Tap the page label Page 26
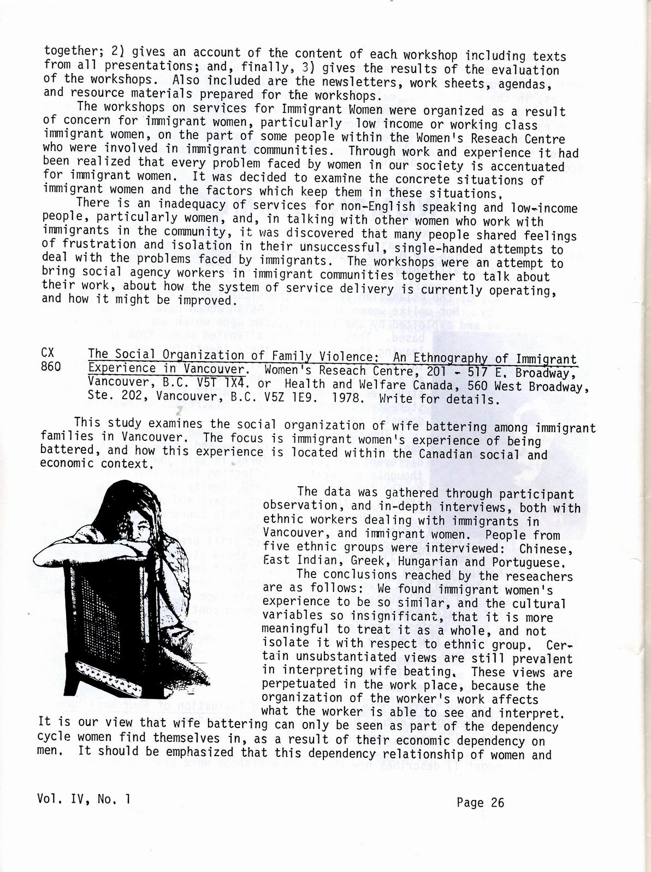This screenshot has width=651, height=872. tap(480, 803)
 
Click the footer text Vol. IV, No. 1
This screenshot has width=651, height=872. tap(85, 799)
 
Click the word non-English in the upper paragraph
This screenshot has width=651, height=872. tap(440, 207)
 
